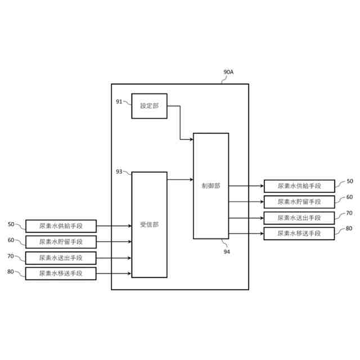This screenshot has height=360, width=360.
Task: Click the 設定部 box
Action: coord(149,106)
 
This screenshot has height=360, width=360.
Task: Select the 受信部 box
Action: coord(149,224)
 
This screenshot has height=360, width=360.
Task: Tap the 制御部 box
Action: coord(211,186)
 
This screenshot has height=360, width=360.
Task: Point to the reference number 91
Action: coord(119,101)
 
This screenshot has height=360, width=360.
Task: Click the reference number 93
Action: coord(119,172)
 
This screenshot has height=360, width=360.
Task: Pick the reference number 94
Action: coord(227,251)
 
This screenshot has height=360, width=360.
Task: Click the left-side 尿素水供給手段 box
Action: coord(61,226)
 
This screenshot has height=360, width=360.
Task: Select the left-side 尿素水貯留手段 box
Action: coord(61,242)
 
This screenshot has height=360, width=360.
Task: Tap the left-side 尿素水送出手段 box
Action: coord(61,258)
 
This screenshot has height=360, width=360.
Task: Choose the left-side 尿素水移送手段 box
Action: coord(61,273)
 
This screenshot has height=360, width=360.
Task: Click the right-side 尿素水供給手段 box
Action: coord(299,186)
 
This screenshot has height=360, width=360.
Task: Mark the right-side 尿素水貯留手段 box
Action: coord(299,202)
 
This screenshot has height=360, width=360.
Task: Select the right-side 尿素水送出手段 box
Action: coord(299,218)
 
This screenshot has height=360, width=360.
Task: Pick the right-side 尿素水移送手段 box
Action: coord(299,233)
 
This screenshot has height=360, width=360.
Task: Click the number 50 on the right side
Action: coord(349,181)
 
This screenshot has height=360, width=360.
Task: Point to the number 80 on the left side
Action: coord(11,272)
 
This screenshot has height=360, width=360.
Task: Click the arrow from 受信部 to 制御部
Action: coord(180,179)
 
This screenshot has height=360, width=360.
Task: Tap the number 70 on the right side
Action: coord(349,213)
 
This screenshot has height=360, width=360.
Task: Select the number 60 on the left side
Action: coord(11,240)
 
